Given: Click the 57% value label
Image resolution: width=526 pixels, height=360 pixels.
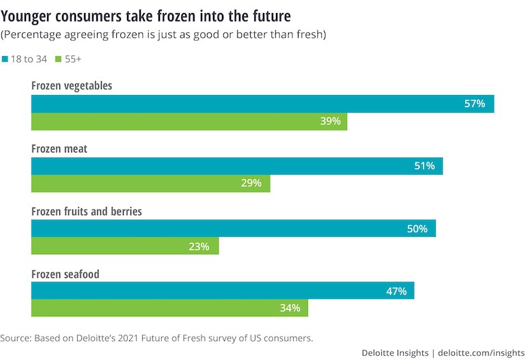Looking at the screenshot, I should pos(475,104).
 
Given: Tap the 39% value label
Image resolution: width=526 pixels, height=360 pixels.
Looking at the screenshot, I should pos(331,122).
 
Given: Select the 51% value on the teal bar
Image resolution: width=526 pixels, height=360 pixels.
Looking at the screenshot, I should pos(424,166).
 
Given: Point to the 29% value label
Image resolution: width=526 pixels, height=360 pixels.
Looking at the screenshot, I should pos(251,183).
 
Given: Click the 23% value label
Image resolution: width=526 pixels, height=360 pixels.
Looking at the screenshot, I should pos(199,246).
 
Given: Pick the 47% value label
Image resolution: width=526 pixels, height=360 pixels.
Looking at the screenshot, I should pos(396,291).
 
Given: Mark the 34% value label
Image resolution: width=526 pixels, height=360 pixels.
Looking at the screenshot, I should pos(290,308).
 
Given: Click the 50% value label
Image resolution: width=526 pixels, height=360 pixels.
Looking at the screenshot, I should pos(417,229).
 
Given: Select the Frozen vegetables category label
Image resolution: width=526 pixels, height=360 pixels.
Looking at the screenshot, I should pos(72,87).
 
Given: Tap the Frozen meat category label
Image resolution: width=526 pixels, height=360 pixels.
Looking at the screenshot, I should pos(59,149).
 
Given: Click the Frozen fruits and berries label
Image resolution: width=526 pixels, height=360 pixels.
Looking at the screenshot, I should pos(87,212).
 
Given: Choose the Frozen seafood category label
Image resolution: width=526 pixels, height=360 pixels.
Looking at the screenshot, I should pos(66,274).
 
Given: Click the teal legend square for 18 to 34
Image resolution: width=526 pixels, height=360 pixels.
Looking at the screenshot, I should pos(5,59).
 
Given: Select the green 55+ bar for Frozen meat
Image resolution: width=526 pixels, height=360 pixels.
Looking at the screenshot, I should pos(150,183).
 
